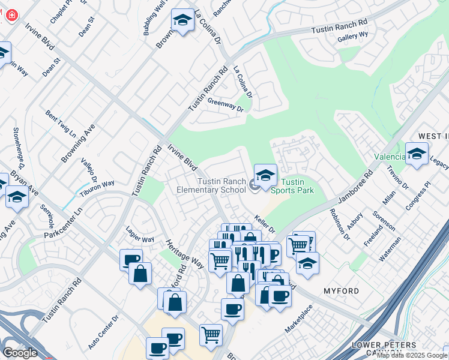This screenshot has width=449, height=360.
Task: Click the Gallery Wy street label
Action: point(352,37)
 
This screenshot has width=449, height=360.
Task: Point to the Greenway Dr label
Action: point(226,105)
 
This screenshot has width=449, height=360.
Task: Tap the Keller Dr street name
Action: point(264,225)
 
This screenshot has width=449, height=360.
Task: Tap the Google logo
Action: point(20,352)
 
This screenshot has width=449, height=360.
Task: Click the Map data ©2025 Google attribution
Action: point(412,355)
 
